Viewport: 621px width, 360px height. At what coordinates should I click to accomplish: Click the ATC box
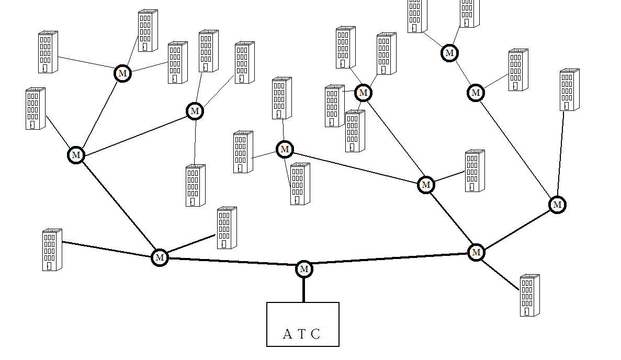[303, 324]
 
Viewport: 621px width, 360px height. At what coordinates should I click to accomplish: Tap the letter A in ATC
[287, 334]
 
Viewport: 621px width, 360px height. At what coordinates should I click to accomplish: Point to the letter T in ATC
[302, 334]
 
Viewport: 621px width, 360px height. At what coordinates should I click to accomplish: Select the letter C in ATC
[315, 334]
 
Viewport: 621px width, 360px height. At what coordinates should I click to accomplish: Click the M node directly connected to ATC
[304, 269]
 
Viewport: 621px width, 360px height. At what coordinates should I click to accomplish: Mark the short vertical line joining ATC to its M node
[304, 290]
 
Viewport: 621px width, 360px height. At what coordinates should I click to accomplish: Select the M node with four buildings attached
[363, 93]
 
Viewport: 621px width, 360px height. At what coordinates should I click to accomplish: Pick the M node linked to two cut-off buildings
[449, 53]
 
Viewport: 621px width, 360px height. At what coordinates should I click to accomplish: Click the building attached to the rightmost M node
[570, 90]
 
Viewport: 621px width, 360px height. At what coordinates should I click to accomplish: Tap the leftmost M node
[76, 155]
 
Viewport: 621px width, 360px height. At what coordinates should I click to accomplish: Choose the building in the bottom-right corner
[530, 296]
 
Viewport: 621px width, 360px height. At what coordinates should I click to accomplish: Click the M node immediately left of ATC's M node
[160, 258]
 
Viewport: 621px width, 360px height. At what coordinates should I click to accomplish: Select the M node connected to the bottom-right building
[476, 253]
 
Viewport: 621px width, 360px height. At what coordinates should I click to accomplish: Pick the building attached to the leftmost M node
[36, 108]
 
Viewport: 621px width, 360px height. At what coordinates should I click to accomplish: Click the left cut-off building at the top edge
[417, 16]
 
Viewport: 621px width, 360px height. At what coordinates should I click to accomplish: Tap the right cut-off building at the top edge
[470, 14]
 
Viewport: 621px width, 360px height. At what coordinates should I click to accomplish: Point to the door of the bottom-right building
[526, 312]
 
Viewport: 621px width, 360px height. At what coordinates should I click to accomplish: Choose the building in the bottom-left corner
[52, 250]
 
